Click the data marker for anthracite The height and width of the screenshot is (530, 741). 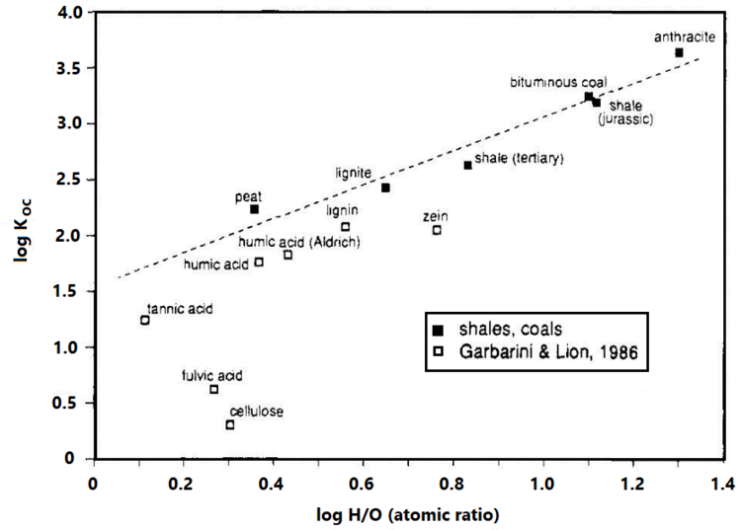coord(679,52)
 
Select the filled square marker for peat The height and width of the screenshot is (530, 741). coord(254,209)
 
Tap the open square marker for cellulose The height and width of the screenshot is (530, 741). coord(230,425)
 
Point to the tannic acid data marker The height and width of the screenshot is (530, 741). coord(145,320)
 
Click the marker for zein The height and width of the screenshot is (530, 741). coord(437,230)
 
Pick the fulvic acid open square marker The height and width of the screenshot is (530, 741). coord(213,390)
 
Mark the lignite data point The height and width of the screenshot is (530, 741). coord(385,188)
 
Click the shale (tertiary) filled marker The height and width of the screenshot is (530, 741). coord(467,165)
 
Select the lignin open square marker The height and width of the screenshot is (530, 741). coord(345,227)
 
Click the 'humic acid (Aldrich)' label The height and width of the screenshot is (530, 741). coord(297,242)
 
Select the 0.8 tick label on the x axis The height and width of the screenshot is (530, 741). coord(453,484)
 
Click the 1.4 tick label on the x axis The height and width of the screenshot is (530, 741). coord(722,484)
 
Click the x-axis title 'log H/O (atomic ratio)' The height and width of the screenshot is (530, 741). coord(408,513)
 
